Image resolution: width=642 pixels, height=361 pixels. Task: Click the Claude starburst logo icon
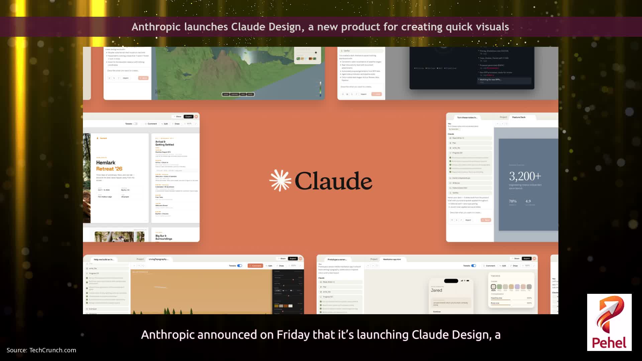(x=280, y=180)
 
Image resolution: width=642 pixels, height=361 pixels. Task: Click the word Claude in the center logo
(x=333, y=181)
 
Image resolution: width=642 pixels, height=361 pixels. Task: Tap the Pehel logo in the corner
(x=609, y=322)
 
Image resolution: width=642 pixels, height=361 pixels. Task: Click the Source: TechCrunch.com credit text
(x=41, y=350)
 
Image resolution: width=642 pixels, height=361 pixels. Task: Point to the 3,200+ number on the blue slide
(x=525, y=176)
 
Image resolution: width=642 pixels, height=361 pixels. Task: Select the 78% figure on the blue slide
(x=513, y=201)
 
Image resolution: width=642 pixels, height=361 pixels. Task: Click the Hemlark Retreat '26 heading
(x=109, y=165)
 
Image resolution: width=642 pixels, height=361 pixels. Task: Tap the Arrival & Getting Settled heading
(x=165, y=143)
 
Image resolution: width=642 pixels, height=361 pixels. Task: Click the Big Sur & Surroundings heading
(x=164, y=237)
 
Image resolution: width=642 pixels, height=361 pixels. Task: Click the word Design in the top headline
(x=285, y=27)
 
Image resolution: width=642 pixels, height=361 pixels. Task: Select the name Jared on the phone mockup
(x=436, y=290)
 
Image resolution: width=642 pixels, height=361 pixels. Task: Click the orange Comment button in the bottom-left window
(x=255, y=266)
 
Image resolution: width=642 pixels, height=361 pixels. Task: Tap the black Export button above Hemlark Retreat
(x=189, y=117)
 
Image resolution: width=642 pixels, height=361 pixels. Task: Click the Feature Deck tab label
(x=519, y=117)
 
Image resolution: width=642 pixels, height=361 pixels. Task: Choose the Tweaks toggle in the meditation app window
(x=473, y=266)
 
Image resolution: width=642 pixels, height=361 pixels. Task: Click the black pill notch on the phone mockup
(x=451, y=281)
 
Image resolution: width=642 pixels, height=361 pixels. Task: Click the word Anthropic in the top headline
(x=156, y=27)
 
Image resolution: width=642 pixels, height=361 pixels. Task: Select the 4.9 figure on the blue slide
(x=528, y=201)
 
